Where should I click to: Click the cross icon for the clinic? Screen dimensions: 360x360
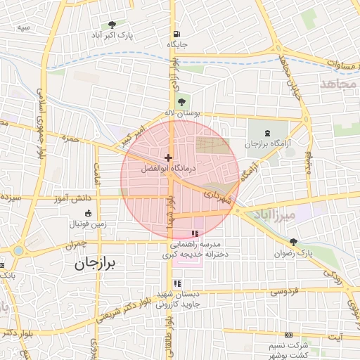[x=167, y=157]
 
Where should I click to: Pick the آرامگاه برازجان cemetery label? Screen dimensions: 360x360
[x=266, y=143]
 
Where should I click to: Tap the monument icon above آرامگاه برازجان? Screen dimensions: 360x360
[x=266, y=133]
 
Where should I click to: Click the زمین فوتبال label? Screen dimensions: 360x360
[x=88, y=223]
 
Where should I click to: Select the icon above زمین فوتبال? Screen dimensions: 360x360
[x=88, y=213]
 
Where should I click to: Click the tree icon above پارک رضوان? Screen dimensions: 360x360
[x=293, y=241]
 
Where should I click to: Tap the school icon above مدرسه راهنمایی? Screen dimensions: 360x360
[x=195, y=233]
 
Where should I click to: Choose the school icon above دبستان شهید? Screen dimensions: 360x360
[x=178, y=283]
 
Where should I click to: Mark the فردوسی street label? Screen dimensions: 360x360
[x=285, y=290]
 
